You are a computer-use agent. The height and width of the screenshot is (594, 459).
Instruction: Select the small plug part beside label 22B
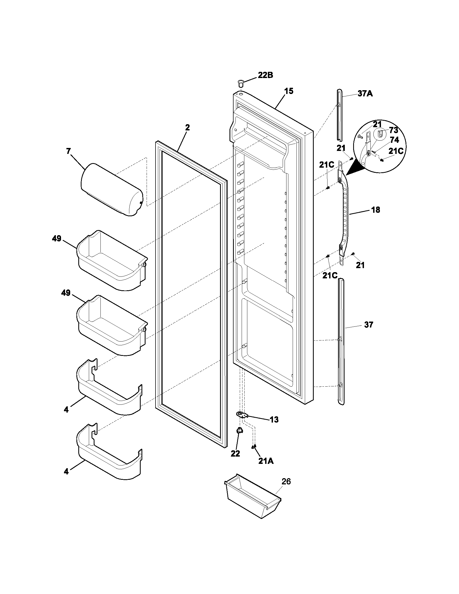pyautogui.click(x=241, y=82)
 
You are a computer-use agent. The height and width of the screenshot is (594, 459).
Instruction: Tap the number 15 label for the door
pyautogui.click(x=289, y=91)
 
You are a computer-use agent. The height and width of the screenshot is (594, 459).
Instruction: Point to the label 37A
pyautogui.click(x=365, y=94)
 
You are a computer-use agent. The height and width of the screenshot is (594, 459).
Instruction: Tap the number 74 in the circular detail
pyautogui.click(x=394, y=140)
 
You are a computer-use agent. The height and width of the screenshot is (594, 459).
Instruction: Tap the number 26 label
pyautogui.click(x=286, y=481)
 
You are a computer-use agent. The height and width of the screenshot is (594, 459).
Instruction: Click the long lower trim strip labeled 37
pyautogui.click(x=341, y=341)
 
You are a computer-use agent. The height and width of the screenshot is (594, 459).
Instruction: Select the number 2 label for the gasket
pyautogui.click(x=187, y=127)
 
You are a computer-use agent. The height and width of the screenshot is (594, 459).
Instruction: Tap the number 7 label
pyautogui.click(x=69, y=151)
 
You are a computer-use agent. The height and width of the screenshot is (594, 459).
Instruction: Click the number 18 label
pyautogui.click(x=376, y=210)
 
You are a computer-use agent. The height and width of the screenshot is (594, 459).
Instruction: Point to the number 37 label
pyautogui.click(x=369, y=325)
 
